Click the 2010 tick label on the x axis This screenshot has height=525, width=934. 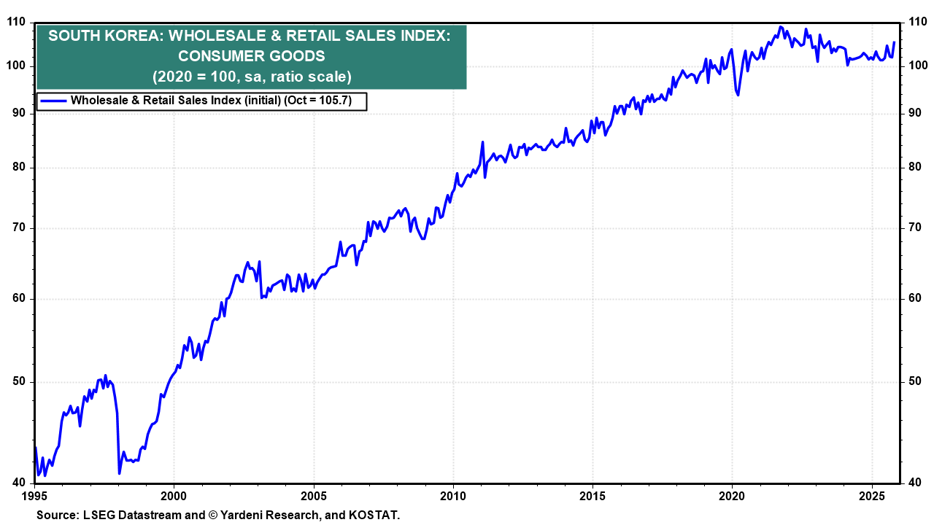(453, 496)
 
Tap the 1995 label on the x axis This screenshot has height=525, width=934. (35, 496)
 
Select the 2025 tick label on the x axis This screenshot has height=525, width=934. (873, 496)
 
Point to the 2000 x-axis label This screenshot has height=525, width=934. (174, 496)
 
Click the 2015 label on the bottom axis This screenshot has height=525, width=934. (593, 496)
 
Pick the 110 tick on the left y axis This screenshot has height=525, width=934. (16, 23)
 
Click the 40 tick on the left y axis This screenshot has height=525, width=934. (19, 482)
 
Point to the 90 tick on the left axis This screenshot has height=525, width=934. (19, 113)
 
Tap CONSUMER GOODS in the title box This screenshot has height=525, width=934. (252, 56)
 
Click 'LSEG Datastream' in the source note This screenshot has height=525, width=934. (131, 515)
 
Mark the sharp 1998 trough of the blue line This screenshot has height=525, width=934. (119, 473)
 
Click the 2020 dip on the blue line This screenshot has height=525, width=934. (738, 95)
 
